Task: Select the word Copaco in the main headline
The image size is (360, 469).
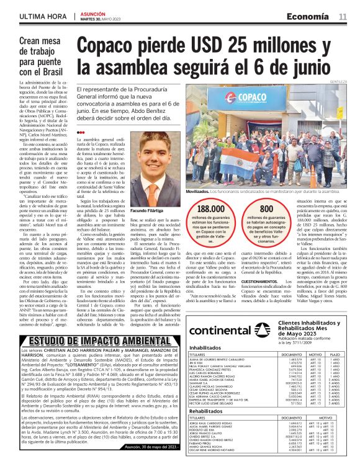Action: (x=111, y=45)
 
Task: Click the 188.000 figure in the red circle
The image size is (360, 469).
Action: (x=209, y=210)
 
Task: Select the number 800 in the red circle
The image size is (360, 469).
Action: (x=266, y=210)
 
